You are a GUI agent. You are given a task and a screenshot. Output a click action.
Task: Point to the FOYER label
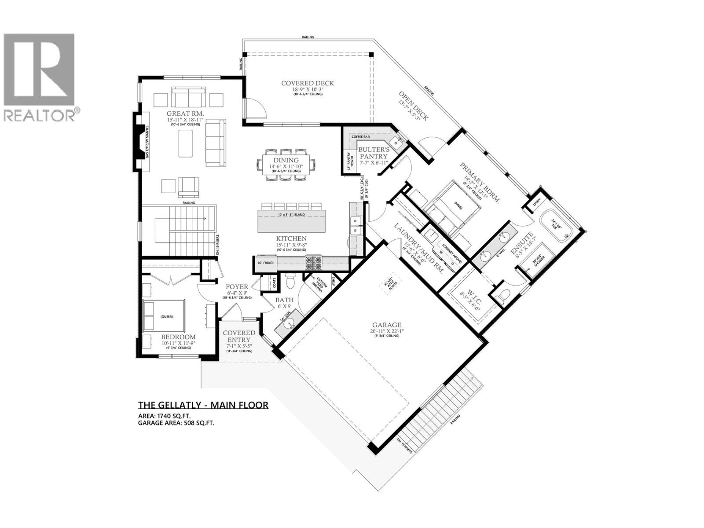(237, 287)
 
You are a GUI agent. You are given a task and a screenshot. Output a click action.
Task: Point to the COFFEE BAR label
(359, 137)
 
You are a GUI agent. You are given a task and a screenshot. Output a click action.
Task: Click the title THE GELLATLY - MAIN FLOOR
(203, 405)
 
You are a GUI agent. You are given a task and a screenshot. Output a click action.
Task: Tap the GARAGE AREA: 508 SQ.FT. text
(176, 423)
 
